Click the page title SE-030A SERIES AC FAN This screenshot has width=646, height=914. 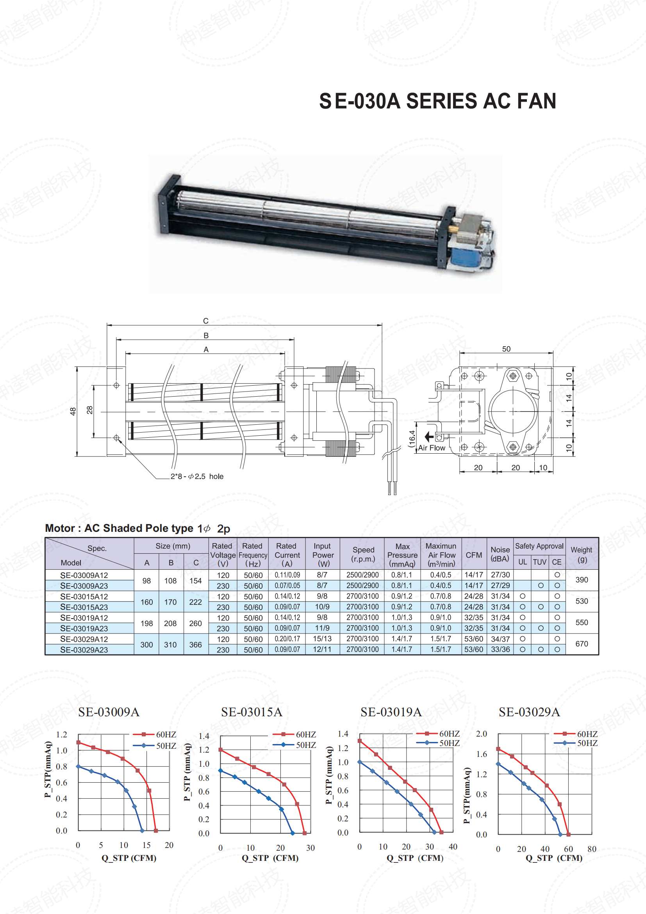pyautogui.click(x=437, y=101)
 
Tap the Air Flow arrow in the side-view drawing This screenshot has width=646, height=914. pyautogui.click(x=429, y=437)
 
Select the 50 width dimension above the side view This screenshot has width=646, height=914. pyautogui.click(x=506, y=349)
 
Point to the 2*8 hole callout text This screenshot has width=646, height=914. pyautogui.click(x=197, y=476)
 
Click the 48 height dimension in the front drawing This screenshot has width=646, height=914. pyautogui.click(x=73, y=411)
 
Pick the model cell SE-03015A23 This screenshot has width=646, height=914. pyautogui.click(x=84, y=607)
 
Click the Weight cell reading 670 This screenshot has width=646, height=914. pyautogui.click(x=582, y=644)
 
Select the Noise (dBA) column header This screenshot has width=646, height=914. pyautogui.click(x=500, y=554)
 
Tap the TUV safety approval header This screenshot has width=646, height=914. pyautogui.click(x=539, y=562)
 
